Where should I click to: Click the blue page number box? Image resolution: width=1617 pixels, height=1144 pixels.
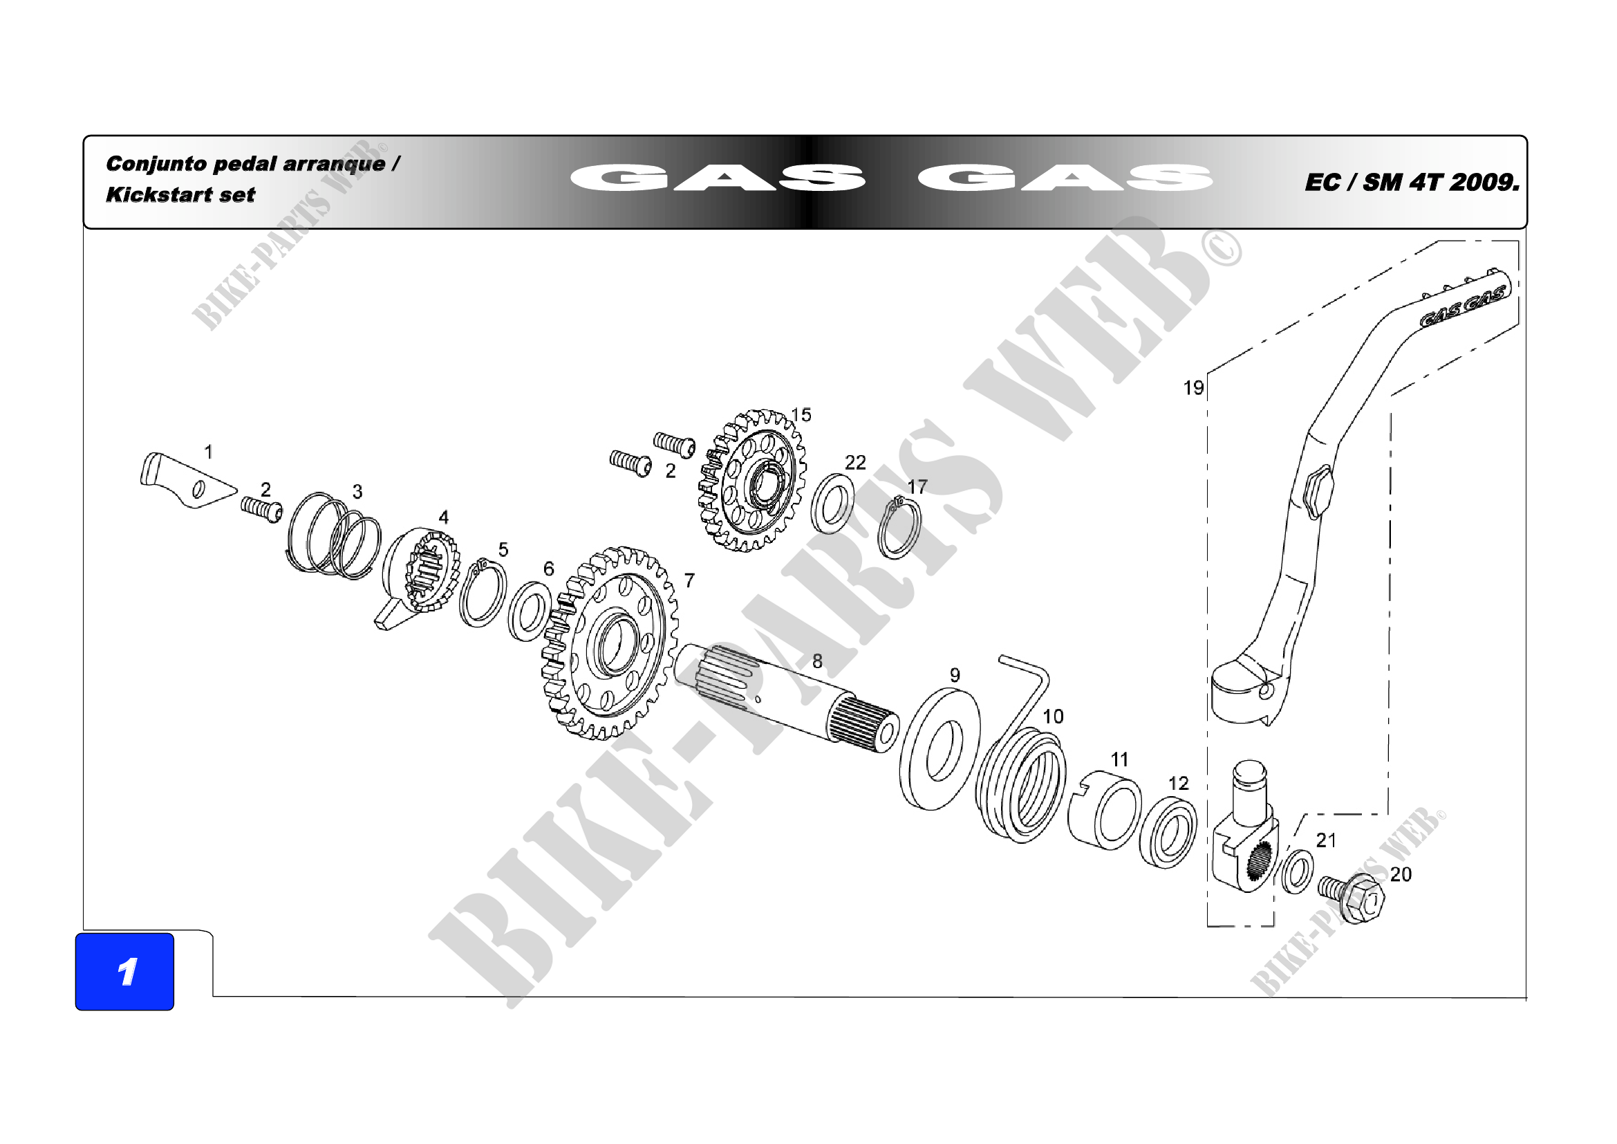(124, 971)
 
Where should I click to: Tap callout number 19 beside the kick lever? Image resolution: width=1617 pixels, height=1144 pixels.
(1193, 388)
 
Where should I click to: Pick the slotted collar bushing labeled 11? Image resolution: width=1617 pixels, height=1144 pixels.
(1104, 813)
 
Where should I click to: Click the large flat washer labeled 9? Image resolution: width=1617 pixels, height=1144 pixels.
(940, 750)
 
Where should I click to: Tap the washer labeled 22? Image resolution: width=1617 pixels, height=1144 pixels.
(833, 504)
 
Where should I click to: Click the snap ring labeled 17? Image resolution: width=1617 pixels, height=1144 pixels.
(899, 528)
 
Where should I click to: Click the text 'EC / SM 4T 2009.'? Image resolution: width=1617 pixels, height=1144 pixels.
(1412, 183)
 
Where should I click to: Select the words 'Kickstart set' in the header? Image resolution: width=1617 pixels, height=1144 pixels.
(180, 195)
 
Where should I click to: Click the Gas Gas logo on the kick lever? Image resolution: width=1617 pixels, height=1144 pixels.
(1462, 307)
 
